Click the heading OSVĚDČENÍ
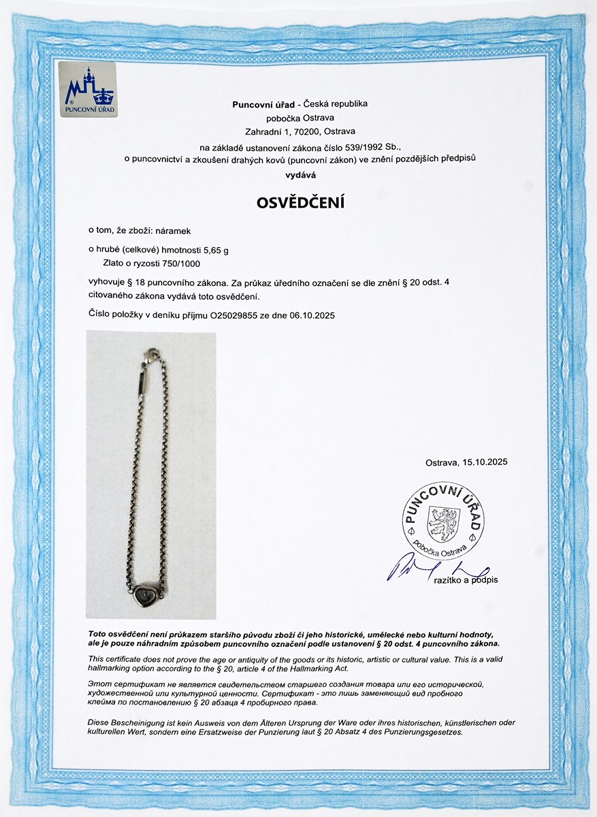[x=300, y=202]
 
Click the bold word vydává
[x=300, y=175]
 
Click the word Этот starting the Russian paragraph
[x=99, y=683]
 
